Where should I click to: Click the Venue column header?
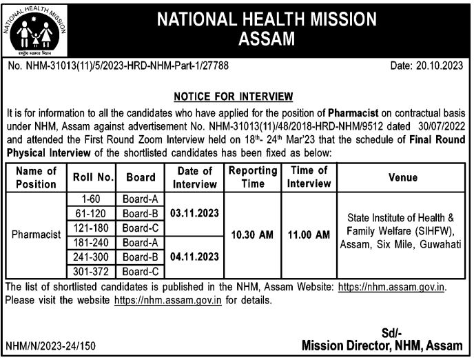click(401, 177)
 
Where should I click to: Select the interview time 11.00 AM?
click(308, 234)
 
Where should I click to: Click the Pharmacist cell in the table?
click(37, 234)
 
